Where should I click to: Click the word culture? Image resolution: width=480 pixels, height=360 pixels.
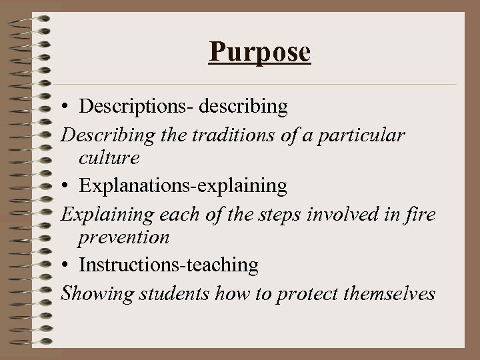[109, 159]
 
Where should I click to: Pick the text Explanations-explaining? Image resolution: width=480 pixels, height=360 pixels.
[183, 186]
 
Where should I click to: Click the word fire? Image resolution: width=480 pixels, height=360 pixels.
[422, 215]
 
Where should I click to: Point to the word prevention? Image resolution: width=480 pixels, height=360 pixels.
[123, 237]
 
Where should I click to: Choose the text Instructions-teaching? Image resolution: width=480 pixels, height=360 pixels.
[169, 265]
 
